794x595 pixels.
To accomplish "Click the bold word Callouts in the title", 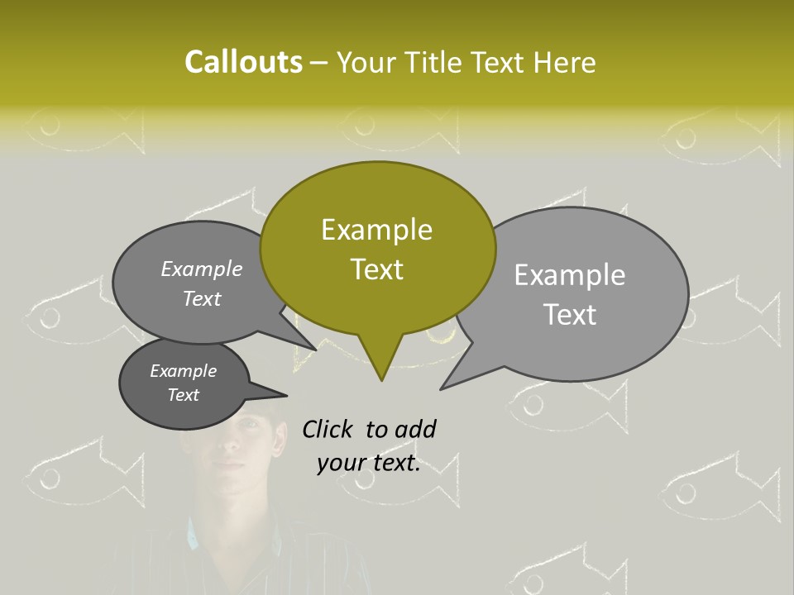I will point(243,62).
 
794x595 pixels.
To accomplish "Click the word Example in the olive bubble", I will point(376,230).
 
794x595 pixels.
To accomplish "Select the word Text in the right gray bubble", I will point(570,315).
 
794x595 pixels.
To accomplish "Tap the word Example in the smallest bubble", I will point(183,371).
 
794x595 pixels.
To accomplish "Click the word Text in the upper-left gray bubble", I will point(202,299).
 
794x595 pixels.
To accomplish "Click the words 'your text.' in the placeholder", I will point(368,464).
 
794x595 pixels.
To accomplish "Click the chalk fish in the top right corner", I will point(720,132).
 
